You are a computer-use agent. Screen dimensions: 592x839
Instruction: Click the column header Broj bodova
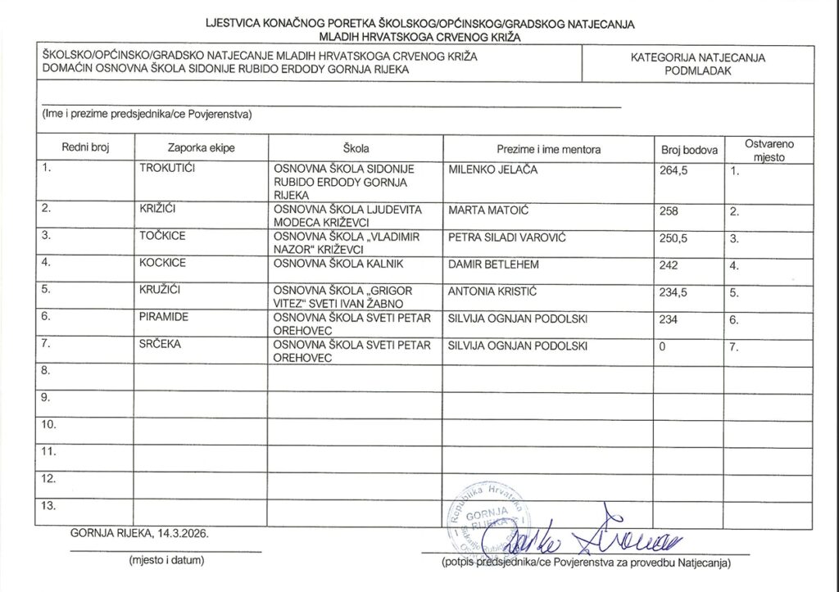click(x=689, y=150)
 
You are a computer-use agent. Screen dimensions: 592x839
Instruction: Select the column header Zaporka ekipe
click(x=201, y=149)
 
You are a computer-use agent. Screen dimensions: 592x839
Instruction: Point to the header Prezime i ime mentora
click(x=548, y=150)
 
